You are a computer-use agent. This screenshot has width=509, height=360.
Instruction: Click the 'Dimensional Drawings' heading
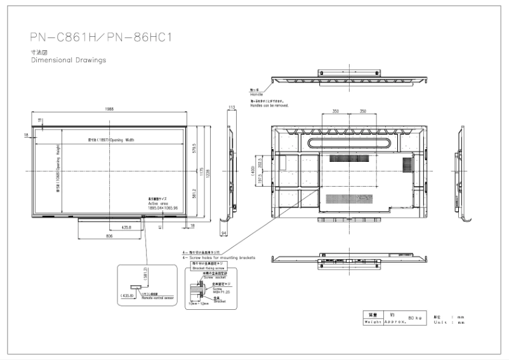tap(69, 60)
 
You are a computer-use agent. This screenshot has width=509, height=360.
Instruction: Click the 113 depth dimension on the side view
tap(232, 107)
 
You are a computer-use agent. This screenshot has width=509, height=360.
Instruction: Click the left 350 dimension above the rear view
tap(335, 111)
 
